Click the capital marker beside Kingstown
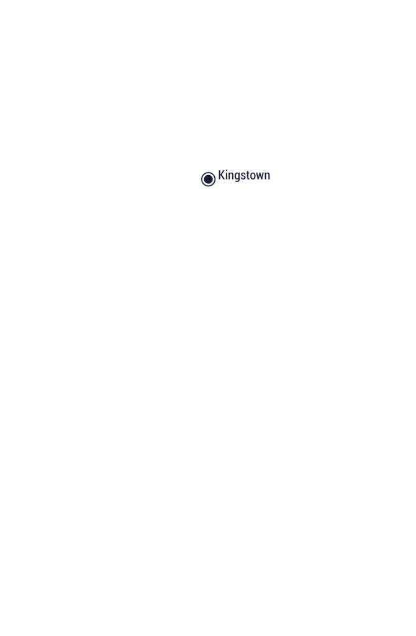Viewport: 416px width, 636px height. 208,179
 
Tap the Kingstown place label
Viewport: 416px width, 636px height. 244,175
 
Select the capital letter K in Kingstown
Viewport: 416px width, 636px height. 222,175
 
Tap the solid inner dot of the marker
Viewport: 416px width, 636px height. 208,179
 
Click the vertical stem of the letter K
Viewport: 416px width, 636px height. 219,175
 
